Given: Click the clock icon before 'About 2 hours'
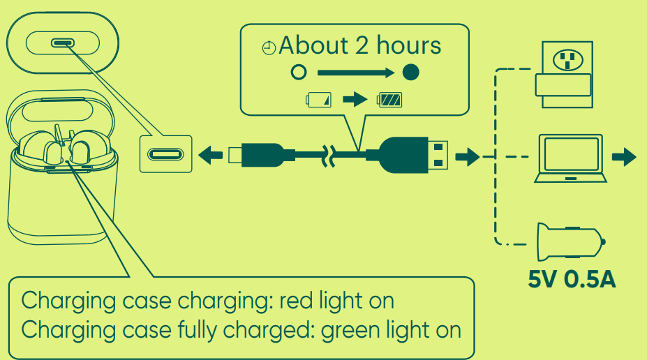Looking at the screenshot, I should click(x=269, y=49).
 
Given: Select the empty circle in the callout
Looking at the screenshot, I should click(x=299, y=72).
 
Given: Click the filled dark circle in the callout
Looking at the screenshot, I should click(x=411, y=72).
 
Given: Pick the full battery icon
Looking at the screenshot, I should click(x=389, y=100).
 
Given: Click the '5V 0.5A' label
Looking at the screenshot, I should click(x=572, y=280).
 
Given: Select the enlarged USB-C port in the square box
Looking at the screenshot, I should click(x=166, y=154).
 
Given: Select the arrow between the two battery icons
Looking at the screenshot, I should click(x=355, y=100).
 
